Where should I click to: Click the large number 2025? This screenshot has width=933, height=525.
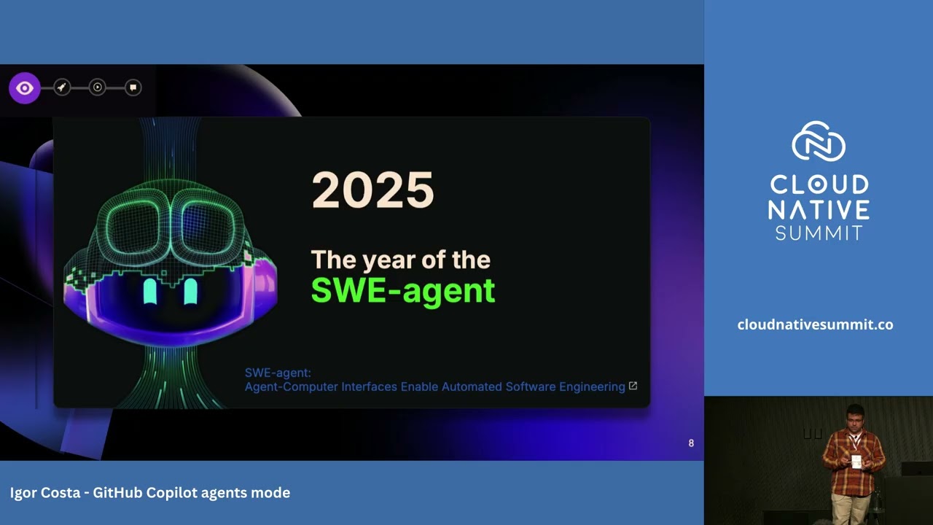pyautogui.click(x=372, y=191)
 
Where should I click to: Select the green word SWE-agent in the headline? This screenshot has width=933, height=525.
pyautogui.click(x=403, y=290)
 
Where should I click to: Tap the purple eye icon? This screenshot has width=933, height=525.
pyautogui.click(x=25, y=88)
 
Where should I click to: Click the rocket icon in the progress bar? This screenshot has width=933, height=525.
pyautogui.click(x=62, y=87)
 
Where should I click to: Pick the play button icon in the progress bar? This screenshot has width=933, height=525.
pyautogui.click(x=97, y=87)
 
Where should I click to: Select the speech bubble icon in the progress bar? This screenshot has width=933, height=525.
pyautogui.click(x=133, y=87)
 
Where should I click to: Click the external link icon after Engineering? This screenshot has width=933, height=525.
pyautogui.click(x=633, y=386)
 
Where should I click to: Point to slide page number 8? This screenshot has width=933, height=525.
pyautogui.click(x=691, y=443)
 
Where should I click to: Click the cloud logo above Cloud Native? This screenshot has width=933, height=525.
pyautogui.click(x=818, y=141)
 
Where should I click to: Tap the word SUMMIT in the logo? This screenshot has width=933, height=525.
pyautogui.click(x=819, y=233)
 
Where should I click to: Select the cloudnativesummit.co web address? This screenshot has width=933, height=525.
pyautogui.click(x=815, y=324)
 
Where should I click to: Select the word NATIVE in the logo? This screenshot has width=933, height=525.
pyautogui.click(x=819, y=210)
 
